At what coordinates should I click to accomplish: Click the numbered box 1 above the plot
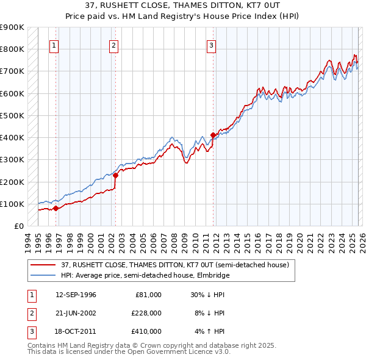tap(54, 45)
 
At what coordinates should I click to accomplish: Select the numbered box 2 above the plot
tap(114, 45)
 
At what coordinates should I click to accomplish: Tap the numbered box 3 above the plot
tap(211, 45)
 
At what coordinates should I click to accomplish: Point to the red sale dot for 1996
tap(56, 208)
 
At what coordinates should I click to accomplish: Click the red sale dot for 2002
tap(115, 176)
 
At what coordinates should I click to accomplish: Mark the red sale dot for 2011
tap(213, 135)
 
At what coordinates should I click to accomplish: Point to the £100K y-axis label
tap(13, 204)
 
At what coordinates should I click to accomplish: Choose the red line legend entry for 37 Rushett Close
tap(170, 265)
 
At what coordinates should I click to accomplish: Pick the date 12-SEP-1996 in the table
tap(76, 295)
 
